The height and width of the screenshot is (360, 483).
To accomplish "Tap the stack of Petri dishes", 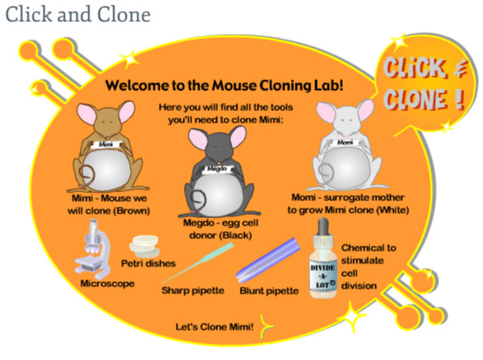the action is [144, 246].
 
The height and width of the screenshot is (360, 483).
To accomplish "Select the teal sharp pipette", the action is [197, 263].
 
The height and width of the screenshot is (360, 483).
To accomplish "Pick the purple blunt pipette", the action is [268, 259].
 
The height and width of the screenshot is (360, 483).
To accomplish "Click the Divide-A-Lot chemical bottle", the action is [323, 259].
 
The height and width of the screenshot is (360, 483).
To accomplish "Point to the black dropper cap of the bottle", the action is [323, 227].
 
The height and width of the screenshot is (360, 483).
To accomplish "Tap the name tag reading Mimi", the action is [105, 144].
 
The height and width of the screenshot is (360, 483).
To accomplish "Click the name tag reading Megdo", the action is [218, 169].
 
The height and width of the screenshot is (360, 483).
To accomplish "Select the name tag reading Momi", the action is [344, 143].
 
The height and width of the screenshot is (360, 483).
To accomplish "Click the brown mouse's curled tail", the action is [88, 175].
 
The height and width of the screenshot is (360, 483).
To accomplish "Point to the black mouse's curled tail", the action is [198, 200].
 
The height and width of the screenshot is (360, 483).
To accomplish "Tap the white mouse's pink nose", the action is [347, 136].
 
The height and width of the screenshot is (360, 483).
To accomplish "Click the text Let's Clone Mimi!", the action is [215, 327].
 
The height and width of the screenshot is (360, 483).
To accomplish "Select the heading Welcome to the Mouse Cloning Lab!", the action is [224, 85].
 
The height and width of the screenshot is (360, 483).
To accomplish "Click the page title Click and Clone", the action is [78, 15].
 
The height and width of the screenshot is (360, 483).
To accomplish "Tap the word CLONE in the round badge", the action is [415, 99].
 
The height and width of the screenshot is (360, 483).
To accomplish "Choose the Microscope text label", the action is [108, 284].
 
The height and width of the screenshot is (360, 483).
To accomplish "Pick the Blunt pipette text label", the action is [269, 290].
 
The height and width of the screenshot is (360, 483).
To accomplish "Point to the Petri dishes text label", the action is [148, 264].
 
